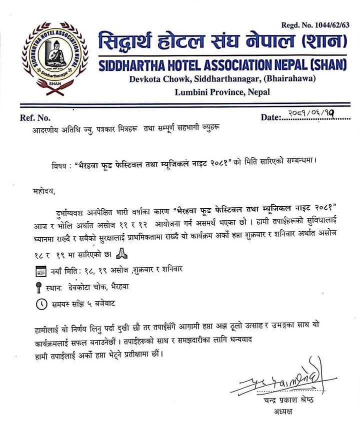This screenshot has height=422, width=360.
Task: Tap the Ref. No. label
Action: pyautogui.click(x=35, y=118)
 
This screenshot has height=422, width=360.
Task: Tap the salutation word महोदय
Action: pyautogui.click(x=40, y=190)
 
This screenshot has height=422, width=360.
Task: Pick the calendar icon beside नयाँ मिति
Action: pyautogui.click(x=39, y=271)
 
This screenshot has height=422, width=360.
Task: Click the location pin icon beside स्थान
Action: pyautogui.click(x=39, y=287)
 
